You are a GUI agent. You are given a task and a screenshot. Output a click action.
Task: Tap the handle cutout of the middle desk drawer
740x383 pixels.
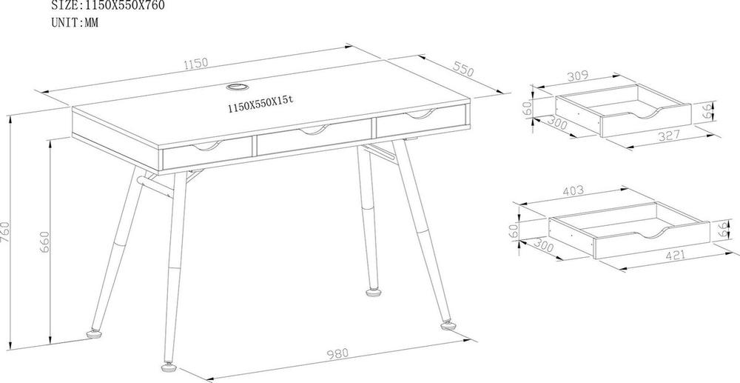click(x=312, y=131)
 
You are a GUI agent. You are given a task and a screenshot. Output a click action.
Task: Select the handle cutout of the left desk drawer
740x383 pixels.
click(x=206, y=144)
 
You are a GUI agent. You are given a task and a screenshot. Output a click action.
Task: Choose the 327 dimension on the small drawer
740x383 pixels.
click(x=670, y=136)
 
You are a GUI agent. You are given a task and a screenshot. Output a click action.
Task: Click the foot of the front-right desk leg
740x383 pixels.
click(x=448, y=324)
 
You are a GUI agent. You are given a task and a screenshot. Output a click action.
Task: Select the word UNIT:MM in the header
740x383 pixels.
click(x=75, y=22)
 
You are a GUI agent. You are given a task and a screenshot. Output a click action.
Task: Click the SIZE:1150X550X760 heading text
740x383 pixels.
click(x=107, y=5)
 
